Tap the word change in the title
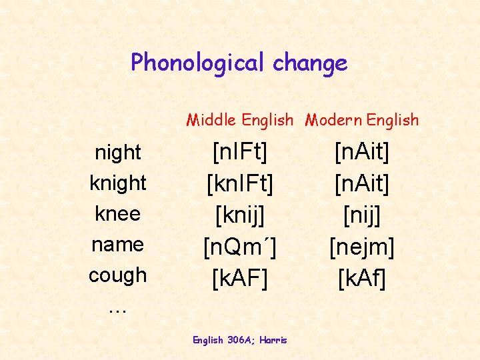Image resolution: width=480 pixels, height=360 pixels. (309, 63)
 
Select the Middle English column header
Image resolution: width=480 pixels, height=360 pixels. (239, 120)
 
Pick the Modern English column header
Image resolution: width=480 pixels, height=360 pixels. (362, 120)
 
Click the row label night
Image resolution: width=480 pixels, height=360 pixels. (118, 153)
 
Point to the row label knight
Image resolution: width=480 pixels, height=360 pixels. (118, 183)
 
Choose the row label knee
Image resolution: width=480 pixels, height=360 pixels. (118, 213)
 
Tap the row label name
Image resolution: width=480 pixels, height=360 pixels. (118, 244)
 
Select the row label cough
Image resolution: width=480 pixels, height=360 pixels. (118, 275)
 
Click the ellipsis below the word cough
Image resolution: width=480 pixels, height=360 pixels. (117, 309)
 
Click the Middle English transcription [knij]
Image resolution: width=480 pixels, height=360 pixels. (239, 214)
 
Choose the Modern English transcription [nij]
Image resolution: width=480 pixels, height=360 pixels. (362, 214)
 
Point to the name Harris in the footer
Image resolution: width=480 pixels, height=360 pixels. (274, 340)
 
